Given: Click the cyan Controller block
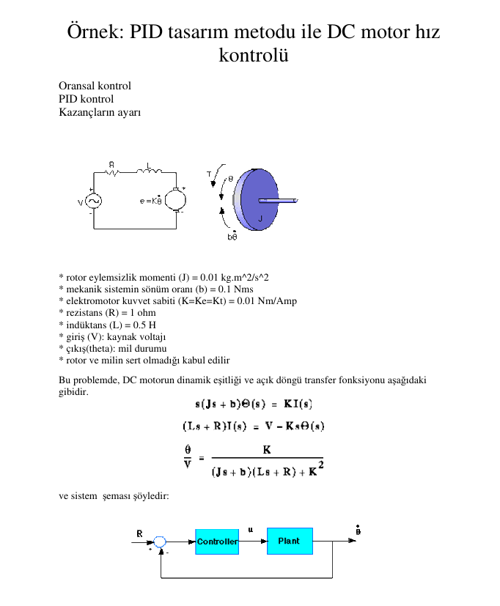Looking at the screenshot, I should click(217, 542).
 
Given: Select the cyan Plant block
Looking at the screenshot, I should click(290, 541).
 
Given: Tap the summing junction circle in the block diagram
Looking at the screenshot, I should click(161, 542).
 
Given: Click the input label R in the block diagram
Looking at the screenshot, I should click(139, 533).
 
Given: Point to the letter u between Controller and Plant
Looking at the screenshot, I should click(251, 530).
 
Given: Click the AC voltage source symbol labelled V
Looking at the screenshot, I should click(94, 201).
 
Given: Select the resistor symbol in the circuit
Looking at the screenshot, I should click(112, 173).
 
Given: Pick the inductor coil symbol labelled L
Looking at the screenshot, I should click(150, 172).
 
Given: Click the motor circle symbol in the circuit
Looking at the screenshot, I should click(175, 200).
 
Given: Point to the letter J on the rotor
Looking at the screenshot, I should click(260, 219).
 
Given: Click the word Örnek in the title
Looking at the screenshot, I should click(94, 32).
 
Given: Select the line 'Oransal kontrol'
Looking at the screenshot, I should click(95, 86).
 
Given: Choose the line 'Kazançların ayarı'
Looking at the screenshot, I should click(100, 112).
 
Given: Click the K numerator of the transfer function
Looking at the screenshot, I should click(267, 451).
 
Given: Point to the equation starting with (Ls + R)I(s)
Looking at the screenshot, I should click(254, 426).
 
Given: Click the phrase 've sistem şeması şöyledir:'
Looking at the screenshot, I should click(114, 496).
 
